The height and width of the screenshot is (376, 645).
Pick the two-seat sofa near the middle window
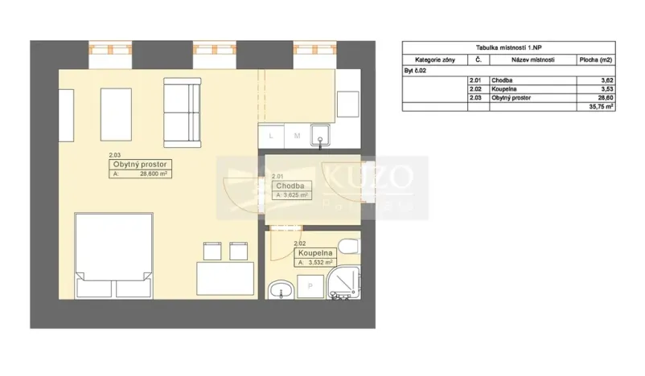pyautogui.click(x=181, y=108)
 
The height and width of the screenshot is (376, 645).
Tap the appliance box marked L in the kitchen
pyautogui.click(x=271, y=136)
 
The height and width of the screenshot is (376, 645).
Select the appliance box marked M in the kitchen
pyautogui.click(x=296, y=136)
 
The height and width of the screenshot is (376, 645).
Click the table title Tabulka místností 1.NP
pyautogui.click(x=508, y=48)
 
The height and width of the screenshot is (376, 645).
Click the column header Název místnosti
pyautogui.click(x=532, y=59)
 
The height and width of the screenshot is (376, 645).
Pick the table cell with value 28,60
pyautogui.click(x=605, y=97)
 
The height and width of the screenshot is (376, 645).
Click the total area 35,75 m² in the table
pyautogui.click(x=602, y=106)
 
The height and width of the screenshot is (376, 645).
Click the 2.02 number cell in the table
pyautogui.click(x=478, y=89)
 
